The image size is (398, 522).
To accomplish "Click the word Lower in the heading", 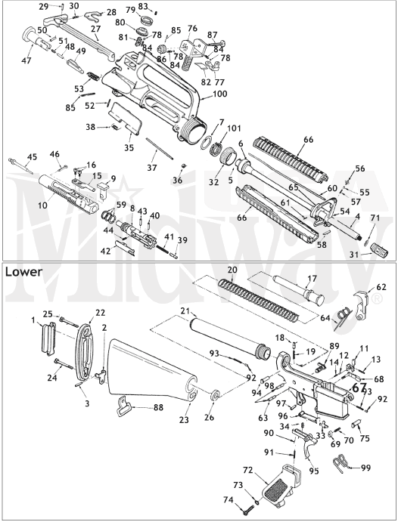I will (x=24, y=270).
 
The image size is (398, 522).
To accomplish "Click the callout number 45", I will (x=32, y=157).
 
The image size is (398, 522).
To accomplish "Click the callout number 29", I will (x=44, y=6).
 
